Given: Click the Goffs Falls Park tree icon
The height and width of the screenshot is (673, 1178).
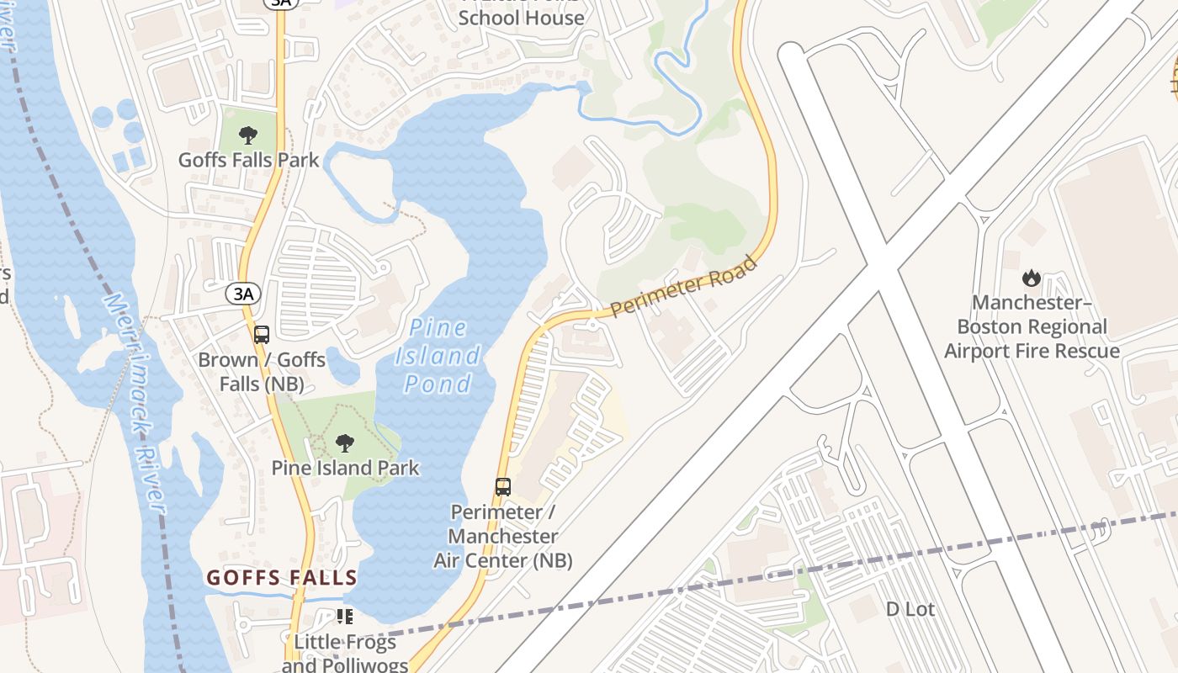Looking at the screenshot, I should point(248,135).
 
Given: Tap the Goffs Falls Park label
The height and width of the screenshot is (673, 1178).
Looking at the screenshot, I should point(248,159).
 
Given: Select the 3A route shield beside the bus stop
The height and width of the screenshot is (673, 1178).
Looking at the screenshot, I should point(243,294).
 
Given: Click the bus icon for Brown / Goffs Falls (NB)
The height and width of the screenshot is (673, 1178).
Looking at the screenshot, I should point(262,334).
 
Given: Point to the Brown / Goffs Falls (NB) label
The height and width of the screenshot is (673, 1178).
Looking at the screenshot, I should point(262,372).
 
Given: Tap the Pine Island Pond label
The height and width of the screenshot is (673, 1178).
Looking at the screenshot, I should point(438,356).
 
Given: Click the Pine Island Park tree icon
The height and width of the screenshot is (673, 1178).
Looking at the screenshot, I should point(344,443).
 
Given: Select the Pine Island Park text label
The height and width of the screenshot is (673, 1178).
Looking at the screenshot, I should point(345,468).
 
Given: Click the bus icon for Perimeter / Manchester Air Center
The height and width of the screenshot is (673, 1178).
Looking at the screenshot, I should point(503,486).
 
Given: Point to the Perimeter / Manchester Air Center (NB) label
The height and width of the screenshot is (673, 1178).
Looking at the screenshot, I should point(503,536).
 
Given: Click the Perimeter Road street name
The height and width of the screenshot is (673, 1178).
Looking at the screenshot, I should point(683,287).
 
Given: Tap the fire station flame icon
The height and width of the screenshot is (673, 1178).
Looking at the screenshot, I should point(1032,278).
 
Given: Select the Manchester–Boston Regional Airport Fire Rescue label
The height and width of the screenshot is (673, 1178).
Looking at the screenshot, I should point(1032,326).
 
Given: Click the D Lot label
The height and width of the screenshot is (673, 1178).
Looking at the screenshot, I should point(910,609).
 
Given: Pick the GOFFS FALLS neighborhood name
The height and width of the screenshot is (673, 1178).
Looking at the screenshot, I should point(282,578).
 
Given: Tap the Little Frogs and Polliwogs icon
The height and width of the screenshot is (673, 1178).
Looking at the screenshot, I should point(344,617).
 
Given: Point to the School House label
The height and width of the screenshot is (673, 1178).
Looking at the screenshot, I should point(521,17).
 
